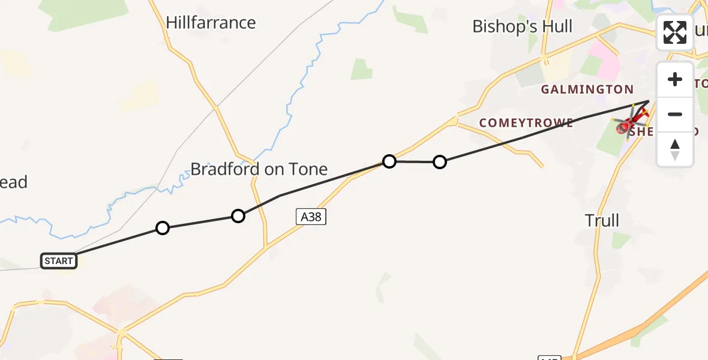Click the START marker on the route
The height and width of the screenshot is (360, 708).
click(x=59, y=261)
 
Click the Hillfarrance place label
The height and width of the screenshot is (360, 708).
click(x=211, y=23)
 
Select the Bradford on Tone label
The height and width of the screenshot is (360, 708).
click(x=259, y=169)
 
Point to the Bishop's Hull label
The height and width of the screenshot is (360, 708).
click(x=522, y=26)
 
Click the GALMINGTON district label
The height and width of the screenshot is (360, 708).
click(x=587, y=90)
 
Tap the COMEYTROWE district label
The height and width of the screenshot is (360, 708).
click(x=526, y=122)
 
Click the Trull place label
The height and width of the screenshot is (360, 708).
click(x=602, y=221)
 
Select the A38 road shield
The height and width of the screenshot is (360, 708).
click(x=311, y=217)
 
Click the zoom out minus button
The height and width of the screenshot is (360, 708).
click(x=675, y=114)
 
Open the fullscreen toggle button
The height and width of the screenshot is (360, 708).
click(x=675, y=32)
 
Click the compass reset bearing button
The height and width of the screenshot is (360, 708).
click(x=675, y=149)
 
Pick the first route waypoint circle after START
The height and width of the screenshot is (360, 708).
click(x=162, y=228)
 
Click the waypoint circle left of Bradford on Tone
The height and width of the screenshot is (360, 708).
click(x=238, y=216)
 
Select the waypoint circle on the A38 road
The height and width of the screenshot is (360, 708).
click(x=389, y=161)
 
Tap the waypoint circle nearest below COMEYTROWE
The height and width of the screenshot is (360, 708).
click(x=440, y=162)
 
